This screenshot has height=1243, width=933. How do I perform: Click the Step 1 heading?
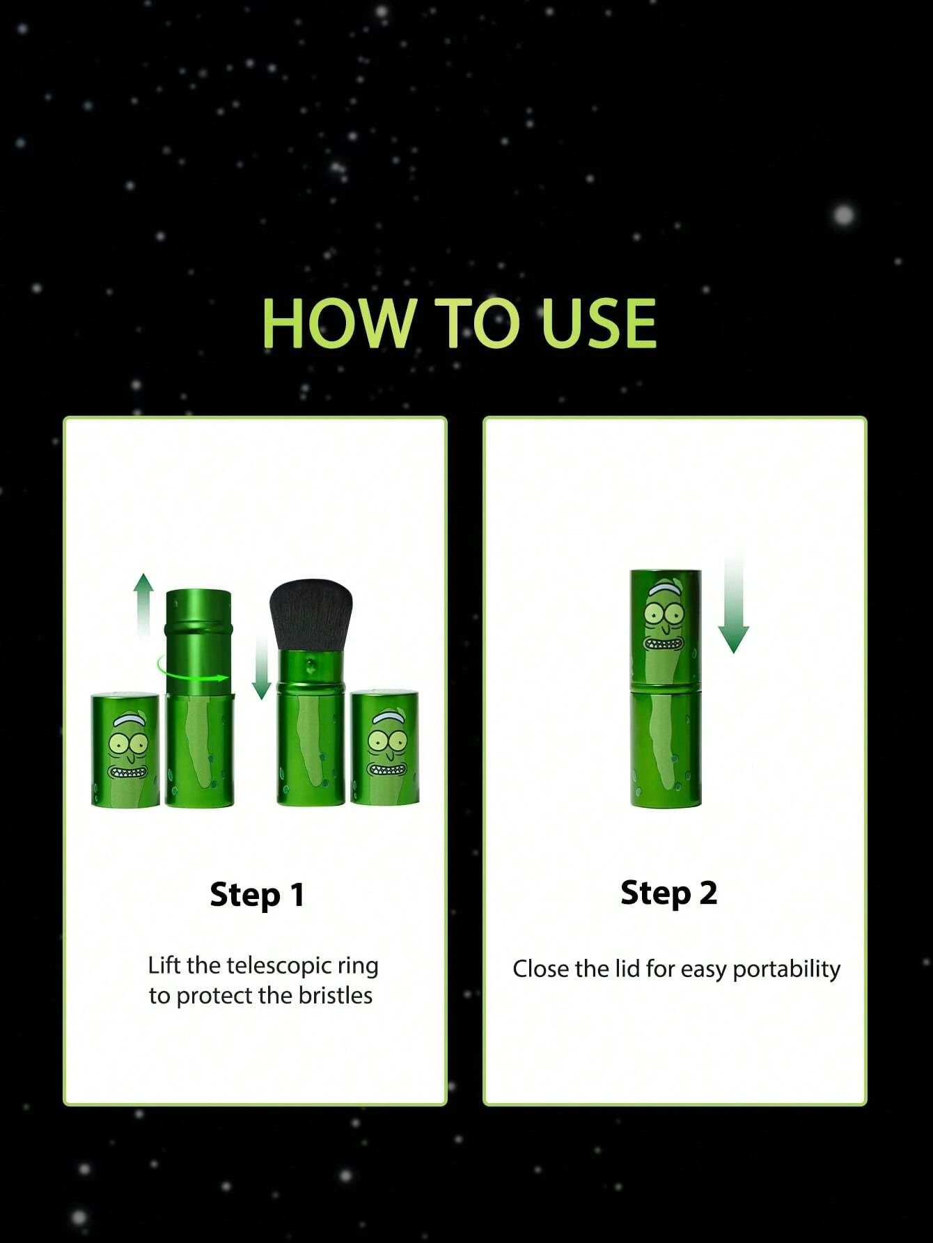[x=258, y=895]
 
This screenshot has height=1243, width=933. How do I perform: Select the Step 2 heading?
[x=668, y=893]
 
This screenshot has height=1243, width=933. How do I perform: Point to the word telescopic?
[x=279, y=967]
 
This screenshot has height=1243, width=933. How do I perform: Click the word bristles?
[x=336, y=996]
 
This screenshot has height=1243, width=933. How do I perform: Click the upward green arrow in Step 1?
[x=143, y=604]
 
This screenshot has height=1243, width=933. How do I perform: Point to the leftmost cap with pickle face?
[x=126, y=750]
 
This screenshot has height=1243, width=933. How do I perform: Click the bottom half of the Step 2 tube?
[x=666, y=747]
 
